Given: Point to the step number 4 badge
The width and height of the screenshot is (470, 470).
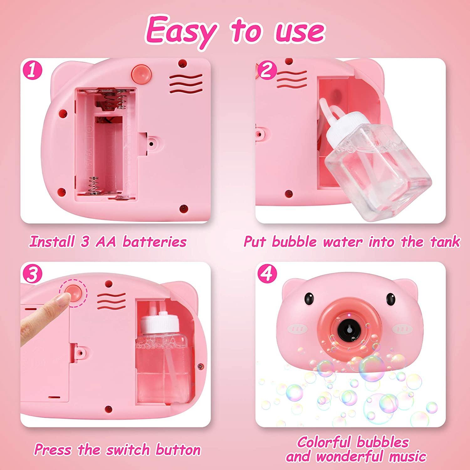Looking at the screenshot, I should click(267, 274).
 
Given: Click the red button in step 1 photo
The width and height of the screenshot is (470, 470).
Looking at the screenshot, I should click(140, 73).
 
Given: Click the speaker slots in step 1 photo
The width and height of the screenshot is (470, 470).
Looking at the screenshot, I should click(186, 83).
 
